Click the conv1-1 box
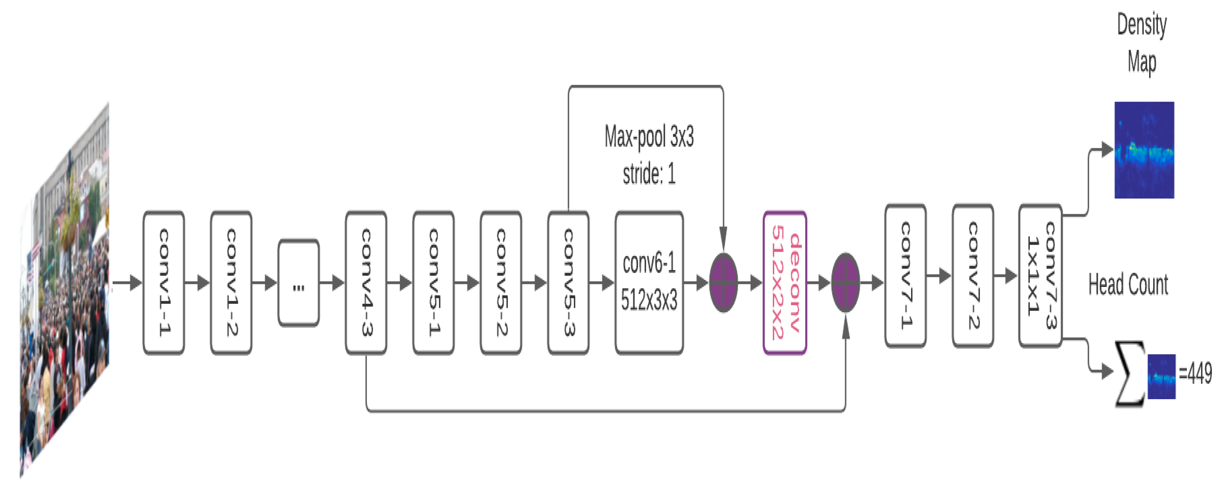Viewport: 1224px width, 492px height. [x=163, y=283]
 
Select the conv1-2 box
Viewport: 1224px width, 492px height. [x=231, y=283]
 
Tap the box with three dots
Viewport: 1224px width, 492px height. [x=299, y=283]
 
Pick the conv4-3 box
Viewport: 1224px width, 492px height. [x=366, y=283]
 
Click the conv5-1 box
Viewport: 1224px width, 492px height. [x=433, y=283]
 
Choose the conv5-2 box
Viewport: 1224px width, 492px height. [x=501, y=283]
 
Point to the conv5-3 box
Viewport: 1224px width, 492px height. [x=568, y=283]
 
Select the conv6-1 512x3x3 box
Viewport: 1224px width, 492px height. [x=649, y=283]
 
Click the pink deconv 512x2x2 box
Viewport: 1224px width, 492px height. [x=784, y=283]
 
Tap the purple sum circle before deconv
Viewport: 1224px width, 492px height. [x=723, y=283]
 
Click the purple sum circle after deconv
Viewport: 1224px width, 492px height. [x=845, y=283]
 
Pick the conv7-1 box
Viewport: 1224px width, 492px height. [x=905, y=276]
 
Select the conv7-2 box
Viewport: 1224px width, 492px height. [x=973, y=276]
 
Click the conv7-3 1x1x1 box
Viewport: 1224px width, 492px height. [x=1040, y=276]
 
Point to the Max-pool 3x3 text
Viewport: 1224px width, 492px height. [x=649, y=137]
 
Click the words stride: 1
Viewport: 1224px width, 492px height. [x=649, y=174]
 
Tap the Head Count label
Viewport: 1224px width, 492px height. [x=1128, y=285]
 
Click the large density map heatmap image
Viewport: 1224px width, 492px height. [x=1144, y=150]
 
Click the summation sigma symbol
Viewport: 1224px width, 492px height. [x=1130, y=374]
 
